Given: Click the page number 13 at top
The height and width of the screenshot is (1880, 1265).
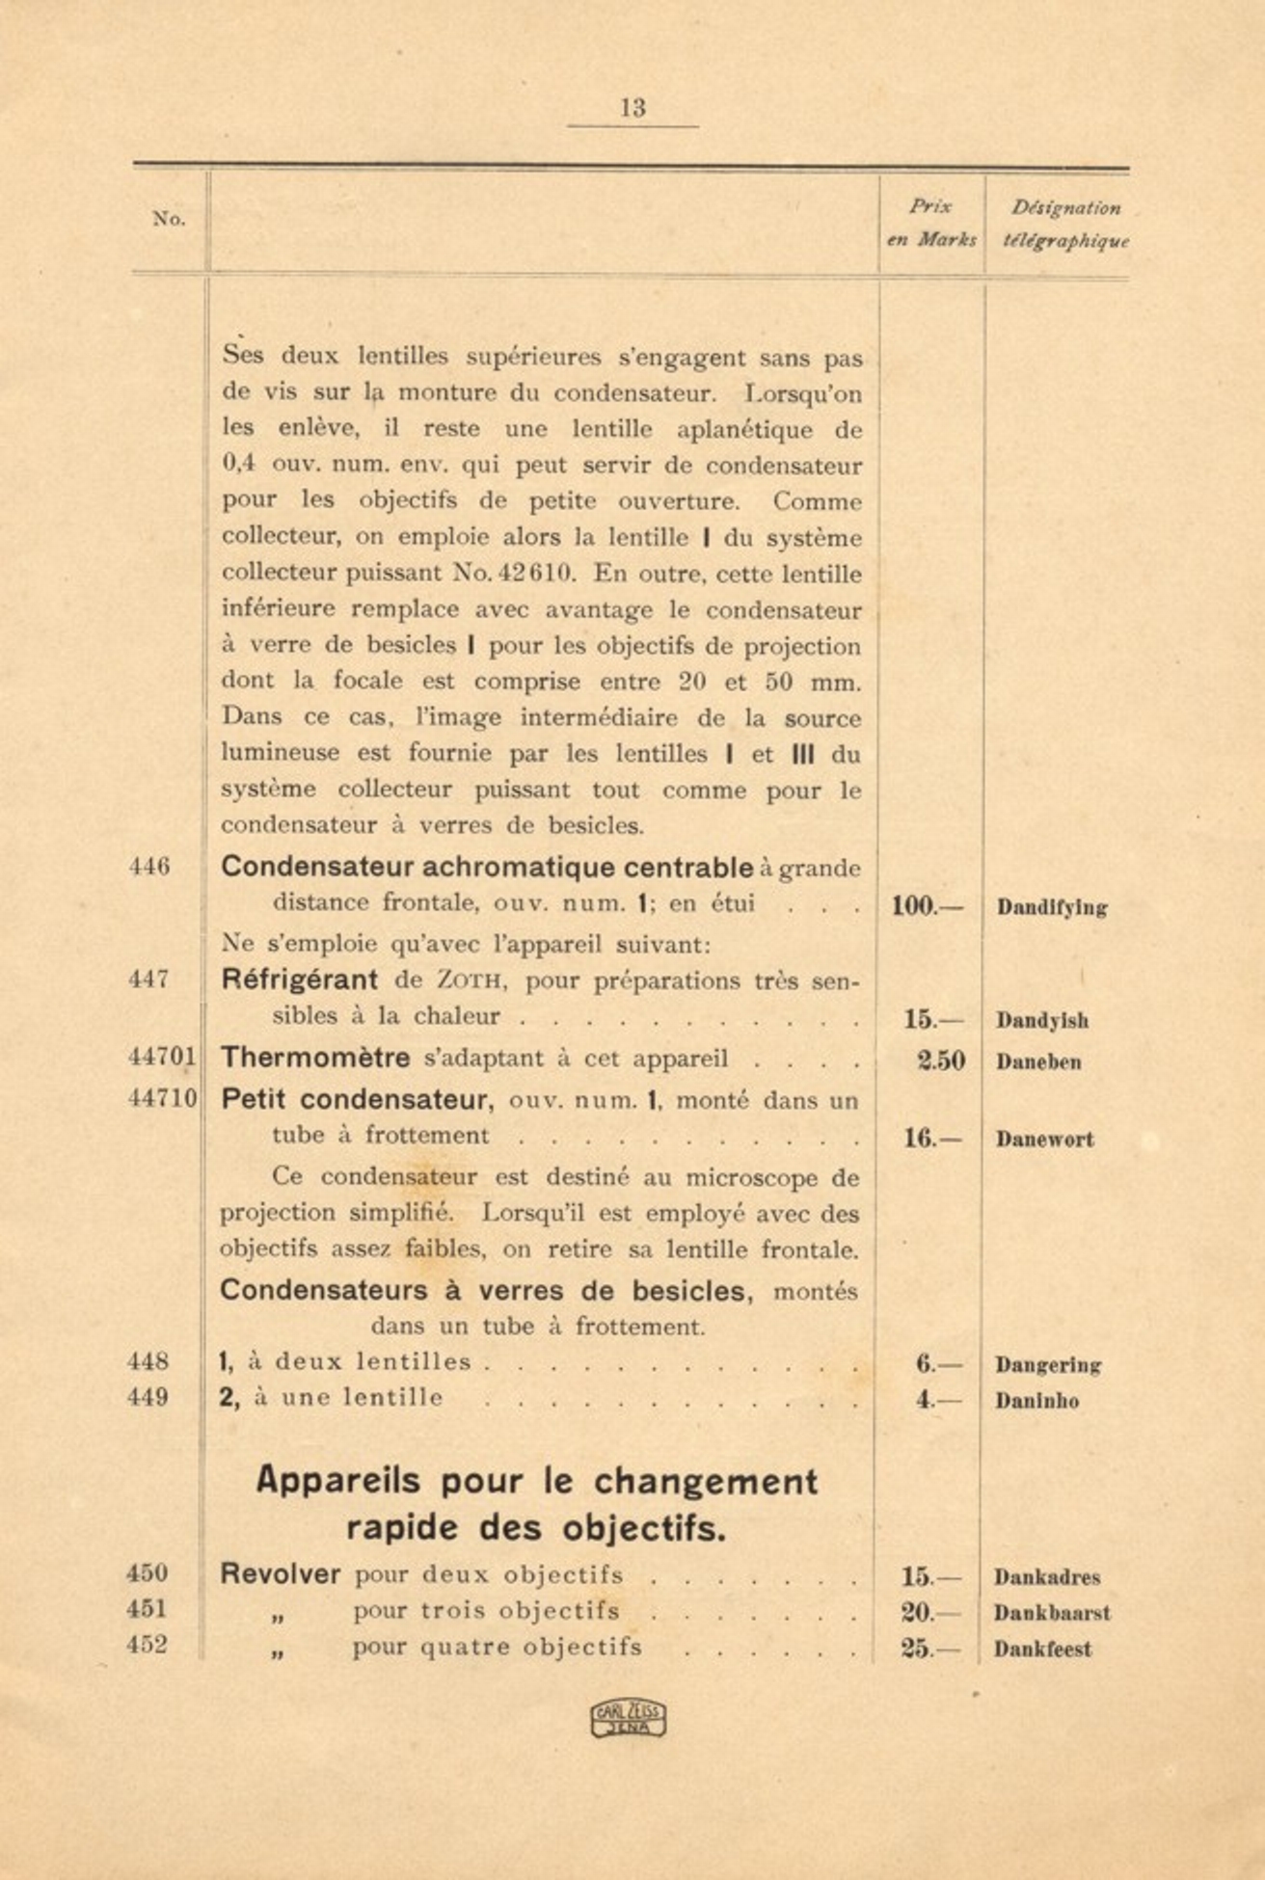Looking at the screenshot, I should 632,108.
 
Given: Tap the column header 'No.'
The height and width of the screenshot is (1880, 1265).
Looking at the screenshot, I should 169,219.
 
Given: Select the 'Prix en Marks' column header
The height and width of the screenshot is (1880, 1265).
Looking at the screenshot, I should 930,223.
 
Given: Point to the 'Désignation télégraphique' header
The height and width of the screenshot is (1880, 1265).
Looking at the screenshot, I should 1065,224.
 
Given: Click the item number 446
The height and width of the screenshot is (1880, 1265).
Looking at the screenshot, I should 149,867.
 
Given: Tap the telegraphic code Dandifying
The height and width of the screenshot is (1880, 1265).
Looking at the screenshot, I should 1052,907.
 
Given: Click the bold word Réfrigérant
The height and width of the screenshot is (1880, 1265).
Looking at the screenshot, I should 299,980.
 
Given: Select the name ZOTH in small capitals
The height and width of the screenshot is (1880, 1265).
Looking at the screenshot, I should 468,981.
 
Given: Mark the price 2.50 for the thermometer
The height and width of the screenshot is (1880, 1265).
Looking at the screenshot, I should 940,1061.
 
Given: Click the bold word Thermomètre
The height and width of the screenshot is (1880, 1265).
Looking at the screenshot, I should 315,1058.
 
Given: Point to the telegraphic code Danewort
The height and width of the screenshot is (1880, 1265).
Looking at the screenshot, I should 1044,1140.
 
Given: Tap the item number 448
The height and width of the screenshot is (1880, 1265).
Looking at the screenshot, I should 148,1361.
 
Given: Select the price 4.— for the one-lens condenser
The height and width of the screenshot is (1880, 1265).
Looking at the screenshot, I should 937,1400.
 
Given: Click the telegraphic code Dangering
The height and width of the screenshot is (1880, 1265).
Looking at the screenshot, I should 1048,1365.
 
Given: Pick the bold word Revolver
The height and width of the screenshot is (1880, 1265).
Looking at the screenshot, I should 280,1574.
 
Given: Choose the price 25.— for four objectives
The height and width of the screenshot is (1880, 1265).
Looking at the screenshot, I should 929,1649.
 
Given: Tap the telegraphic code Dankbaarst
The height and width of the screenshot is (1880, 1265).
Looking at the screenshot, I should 1052,1613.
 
